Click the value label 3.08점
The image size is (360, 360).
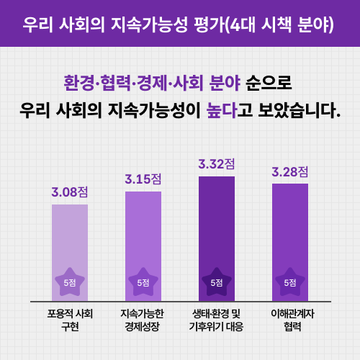click(70, 192)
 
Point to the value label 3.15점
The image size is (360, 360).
click(143, 179)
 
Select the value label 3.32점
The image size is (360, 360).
click(217, 164)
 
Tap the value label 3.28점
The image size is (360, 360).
click(290, 172)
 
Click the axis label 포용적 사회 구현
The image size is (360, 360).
click(70, 320)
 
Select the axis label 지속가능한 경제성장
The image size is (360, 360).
click(143, 320)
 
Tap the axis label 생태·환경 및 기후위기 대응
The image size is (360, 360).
click(217, 320)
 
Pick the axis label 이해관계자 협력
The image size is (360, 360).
click(290, 320)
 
